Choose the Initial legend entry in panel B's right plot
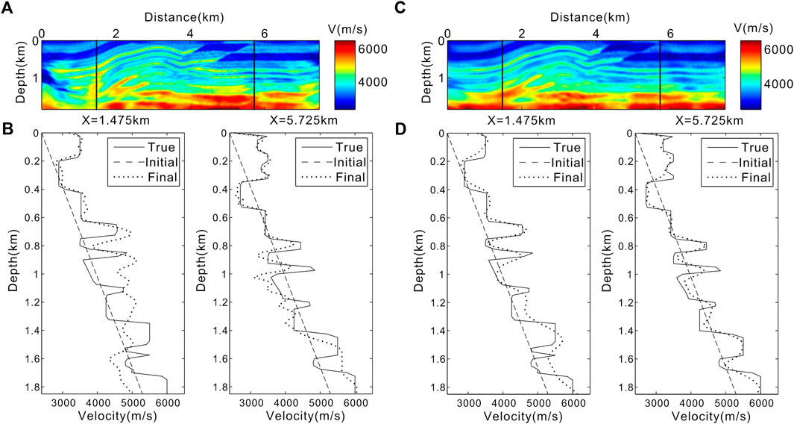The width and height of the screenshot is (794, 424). [346, 163]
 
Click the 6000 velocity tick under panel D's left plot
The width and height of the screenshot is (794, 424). [572, 403]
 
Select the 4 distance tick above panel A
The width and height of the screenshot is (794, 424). [191, 33]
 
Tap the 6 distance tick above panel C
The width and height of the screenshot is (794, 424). [670, 33]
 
